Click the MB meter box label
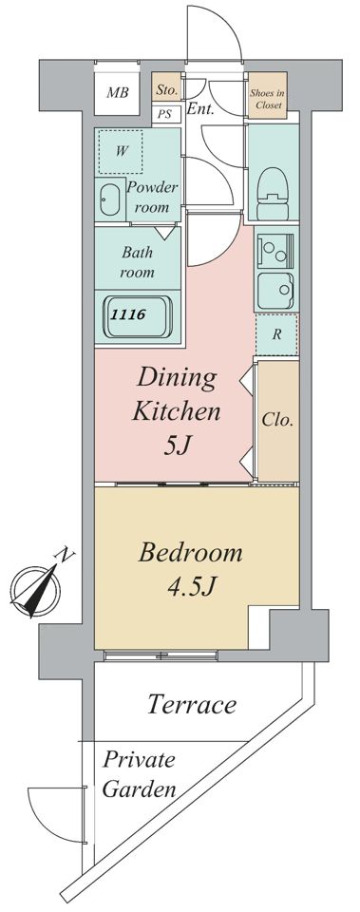click(x=118, y=93)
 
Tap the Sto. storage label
click(x=167, y=90)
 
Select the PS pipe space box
click(x=166, y=113)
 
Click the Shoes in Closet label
click(x=268, y=98)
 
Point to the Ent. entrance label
click(x=201, y=108)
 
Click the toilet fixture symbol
click(x=273, y=185)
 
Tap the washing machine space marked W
click(x=121, y=151)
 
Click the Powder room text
click(x=153, y=198)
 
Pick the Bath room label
click(x=137, y=262)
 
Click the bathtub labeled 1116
click(x=138, y=315)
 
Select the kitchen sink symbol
click(x=276, y=291)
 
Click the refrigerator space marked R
click(x=276, y=334)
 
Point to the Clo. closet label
click(x=277, y=419)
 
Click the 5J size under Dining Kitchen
click(x=178, y=447)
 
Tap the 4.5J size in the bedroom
click(x=191, y=587)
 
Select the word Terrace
click(x=192, y=704)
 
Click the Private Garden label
click(x=140, y=774)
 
